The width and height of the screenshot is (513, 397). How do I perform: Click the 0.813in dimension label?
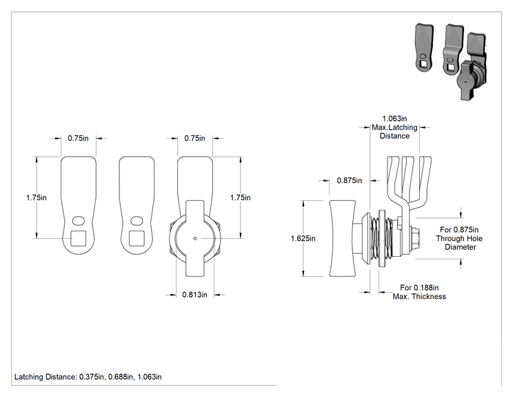point(194,295)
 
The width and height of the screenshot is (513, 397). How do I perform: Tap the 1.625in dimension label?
point(303,238)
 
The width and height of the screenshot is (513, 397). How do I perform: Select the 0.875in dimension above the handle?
point(350,180)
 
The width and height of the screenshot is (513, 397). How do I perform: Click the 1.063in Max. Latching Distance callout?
point(394,128)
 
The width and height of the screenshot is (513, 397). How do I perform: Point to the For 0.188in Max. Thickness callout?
point(419,292)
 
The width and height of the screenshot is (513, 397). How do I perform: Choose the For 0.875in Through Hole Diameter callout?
point(459,238)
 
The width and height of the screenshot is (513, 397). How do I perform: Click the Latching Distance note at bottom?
point(88,377)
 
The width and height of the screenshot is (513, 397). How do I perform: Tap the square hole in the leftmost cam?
point(79,238)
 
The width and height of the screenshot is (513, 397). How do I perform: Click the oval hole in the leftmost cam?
point(78,221)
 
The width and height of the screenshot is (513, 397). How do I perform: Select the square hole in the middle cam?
point(137,238)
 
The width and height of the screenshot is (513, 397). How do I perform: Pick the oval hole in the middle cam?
point(137,221)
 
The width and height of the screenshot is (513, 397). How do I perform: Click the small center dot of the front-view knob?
point(195,238)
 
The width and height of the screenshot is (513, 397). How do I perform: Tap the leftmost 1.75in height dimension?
point(37,198)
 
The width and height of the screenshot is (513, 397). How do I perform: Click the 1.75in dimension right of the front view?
point(240,198)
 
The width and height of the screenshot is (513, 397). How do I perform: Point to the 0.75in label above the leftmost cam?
point(78,138)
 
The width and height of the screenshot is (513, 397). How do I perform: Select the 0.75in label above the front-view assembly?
point(194,138)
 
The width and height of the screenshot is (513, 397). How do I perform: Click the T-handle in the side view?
point(342,238)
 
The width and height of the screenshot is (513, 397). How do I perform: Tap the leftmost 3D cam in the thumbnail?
point(424,47)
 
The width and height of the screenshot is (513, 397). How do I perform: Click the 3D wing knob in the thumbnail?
point(465,80)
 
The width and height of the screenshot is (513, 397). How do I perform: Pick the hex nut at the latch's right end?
point(414,238)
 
